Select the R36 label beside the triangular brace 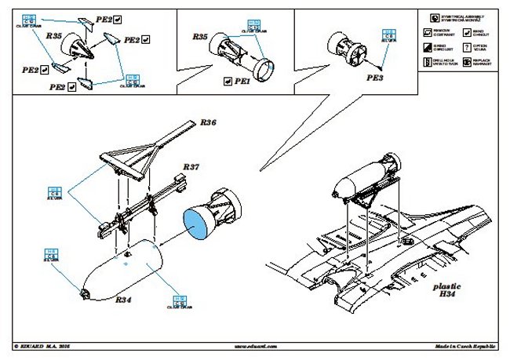pyautogui.click(x=208, y=122)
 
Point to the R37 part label pyautogui.click(x=191, y=168)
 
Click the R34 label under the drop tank pyautogui.click(x=123, y=300)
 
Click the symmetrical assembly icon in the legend pyautogui.click(x=428, y=16)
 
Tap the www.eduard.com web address pyautogui.click(x=254, y=345)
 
